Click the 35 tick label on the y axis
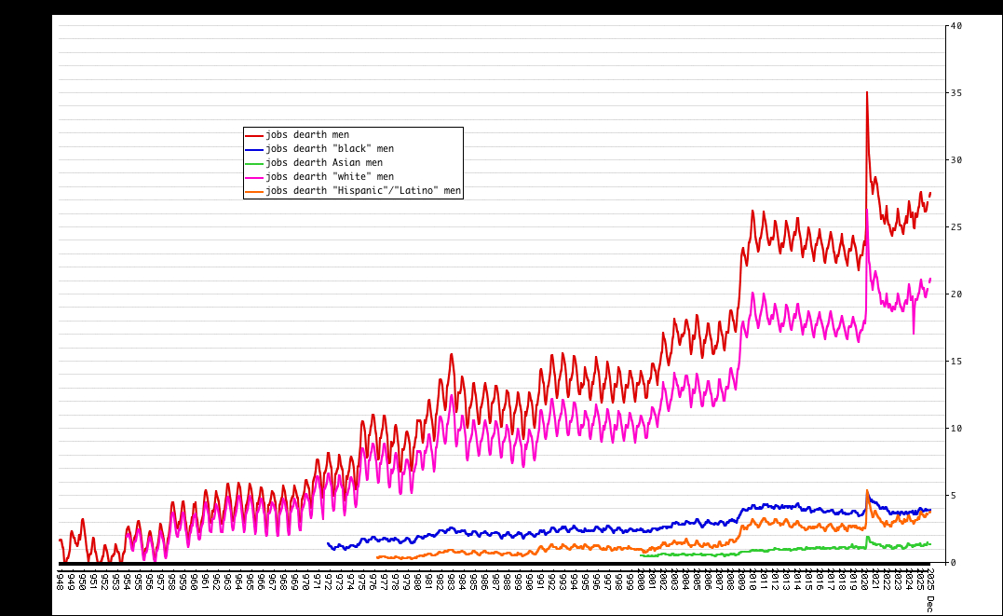click(955, 93)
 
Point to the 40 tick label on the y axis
click(955, 26)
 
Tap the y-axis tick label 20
click(955, 294)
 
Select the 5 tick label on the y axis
click(952, 496)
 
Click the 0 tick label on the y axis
click(952, 563)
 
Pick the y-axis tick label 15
click(955, 362)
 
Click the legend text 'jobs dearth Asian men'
click(323, 163)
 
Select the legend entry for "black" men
click(329, 149)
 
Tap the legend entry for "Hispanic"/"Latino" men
click(362, 191)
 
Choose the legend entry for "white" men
click(329, 177)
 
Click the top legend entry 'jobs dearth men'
click(306, 135)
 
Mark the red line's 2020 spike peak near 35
click(867, 92)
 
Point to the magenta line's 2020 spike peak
click(867, 210)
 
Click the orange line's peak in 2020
click(867, 491)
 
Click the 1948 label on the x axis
click(60, 581)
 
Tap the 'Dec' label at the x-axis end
click(929, 604)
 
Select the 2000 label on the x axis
click(642, 581)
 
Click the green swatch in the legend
click(254, 163)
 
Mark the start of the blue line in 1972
click(328, 543)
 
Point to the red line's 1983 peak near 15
click(452, 354)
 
